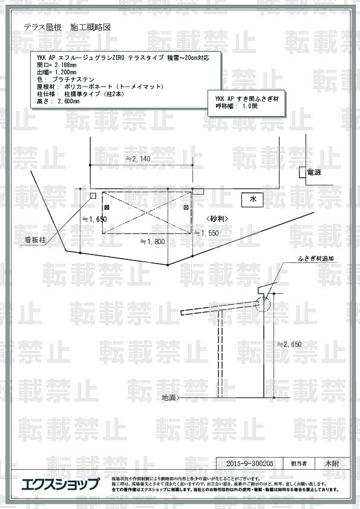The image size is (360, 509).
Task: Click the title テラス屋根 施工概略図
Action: coord(67,27)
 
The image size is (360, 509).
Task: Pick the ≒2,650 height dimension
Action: coord(289,344)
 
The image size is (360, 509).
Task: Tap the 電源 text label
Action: coord(314,172)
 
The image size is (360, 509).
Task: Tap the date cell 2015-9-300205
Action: coord(250,464)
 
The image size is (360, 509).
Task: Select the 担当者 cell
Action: coord(299,464)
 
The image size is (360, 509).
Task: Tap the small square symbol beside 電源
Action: coord(301,172)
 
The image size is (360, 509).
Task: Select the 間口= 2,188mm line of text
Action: coord(57,64)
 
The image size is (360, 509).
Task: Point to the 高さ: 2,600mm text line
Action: coord(58,102)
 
